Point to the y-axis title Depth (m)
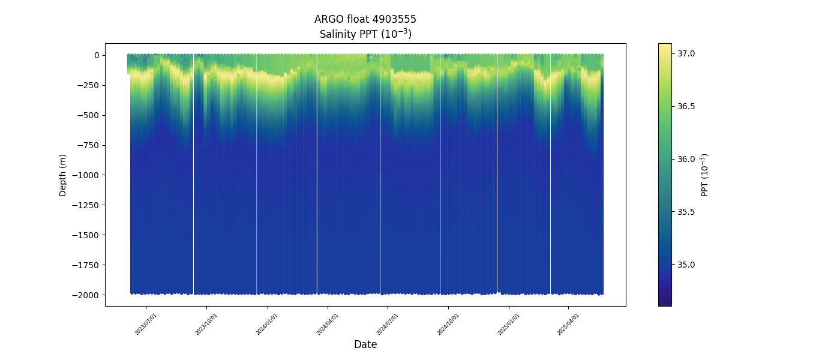point(63,175)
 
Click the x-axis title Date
point(365,344)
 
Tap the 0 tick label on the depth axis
point(96,55)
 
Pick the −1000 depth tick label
point(87,175)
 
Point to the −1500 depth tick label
point(87,235)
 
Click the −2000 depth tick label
point(87,295)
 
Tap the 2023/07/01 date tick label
point(146,324)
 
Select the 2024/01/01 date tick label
point(267,324)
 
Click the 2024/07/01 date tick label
point(388,324)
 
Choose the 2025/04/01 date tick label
point(568,324)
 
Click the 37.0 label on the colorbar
point(686,54)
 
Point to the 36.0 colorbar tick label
point(686,159)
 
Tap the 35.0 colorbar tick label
point(686,265)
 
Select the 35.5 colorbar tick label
point(686,212)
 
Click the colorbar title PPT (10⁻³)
point(705,175)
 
